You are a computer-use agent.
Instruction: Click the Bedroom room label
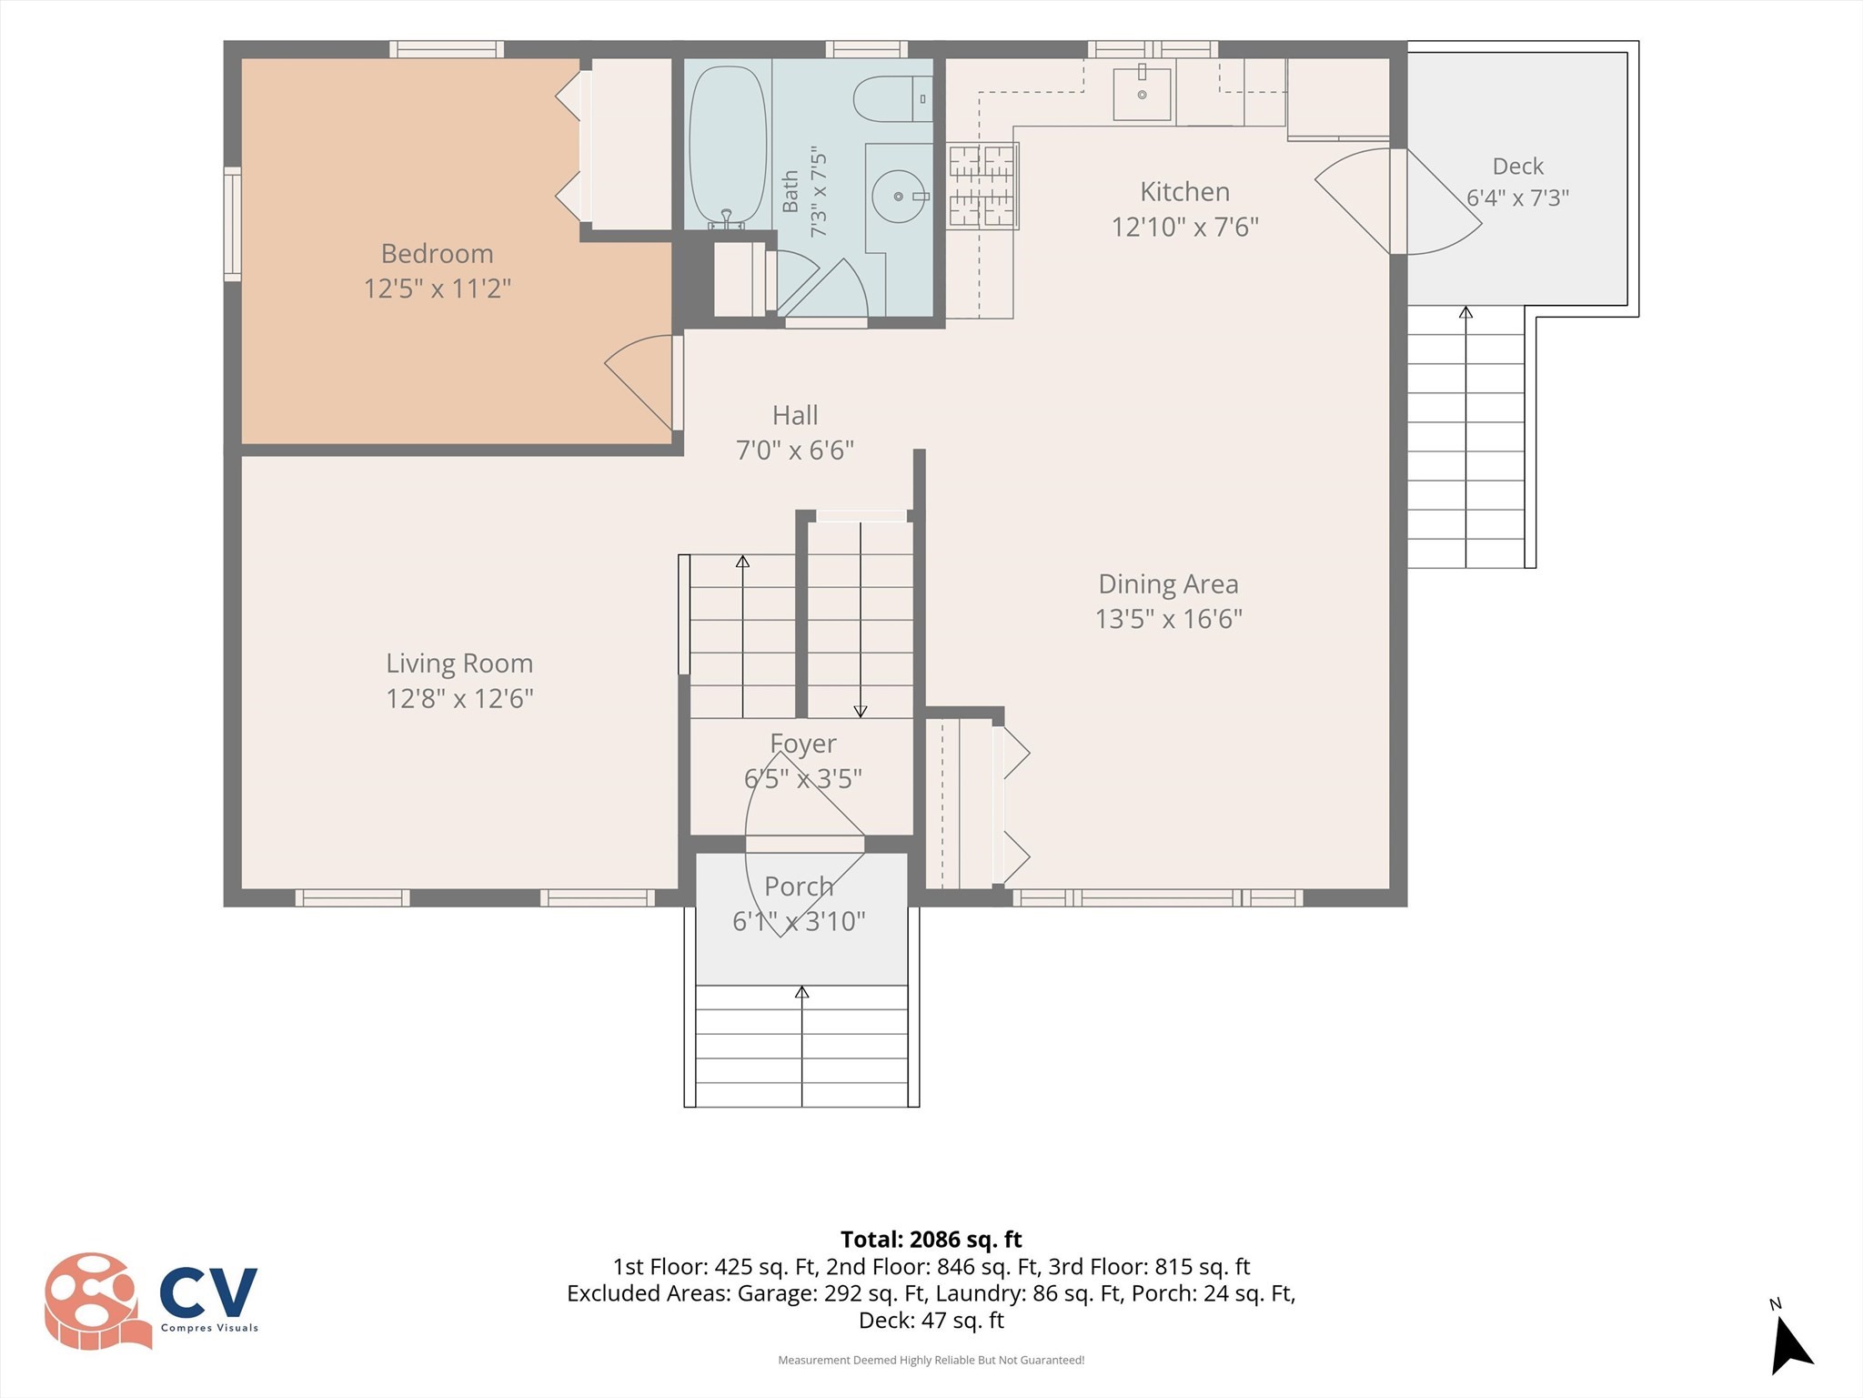[437, 253]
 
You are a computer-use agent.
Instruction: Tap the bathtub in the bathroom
[727, 147]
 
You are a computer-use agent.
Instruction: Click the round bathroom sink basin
[898, 196]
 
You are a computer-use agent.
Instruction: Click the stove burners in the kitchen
[982, 186]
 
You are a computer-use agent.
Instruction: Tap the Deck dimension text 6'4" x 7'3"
[1517, 198]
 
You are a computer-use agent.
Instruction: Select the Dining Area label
[1168, 583]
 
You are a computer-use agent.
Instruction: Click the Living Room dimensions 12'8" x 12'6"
[459, 698]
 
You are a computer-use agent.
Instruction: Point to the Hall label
[795, 415]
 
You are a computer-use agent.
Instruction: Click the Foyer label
[802, 744]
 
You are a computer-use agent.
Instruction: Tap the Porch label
[799, 886]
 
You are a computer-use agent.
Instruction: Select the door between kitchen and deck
[1398, 201]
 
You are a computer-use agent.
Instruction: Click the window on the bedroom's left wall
[233, 224]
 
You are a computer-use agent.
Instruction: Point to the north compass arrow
[1790, 1342]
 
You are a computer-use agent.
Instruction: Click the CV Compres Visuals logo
[151, 1301]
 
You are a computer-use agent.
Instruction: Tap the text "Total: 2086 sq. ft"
[931, 1240]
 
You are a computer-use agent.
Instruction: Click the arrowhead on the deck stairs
[1465, 312]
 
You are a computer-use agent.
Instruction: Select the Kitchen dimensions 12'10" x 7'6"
[1184, 227]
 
